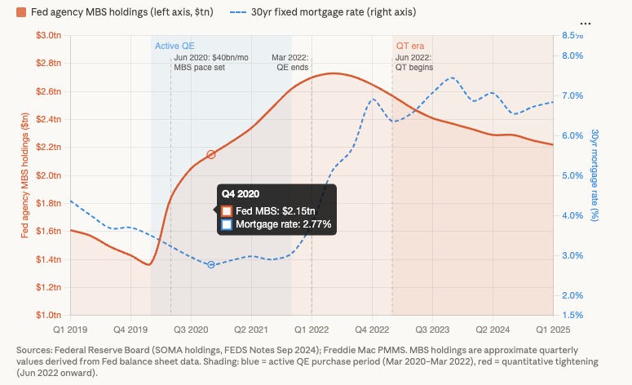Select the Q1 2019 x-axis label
(x=70, y=330)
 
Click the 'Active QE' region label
(x=174, y=46)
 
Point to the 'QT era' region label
(x=410, y=46)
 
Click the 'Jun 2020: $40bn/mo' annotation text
(x=211, y=57)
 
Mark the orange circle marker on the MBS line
(x=211, y=154)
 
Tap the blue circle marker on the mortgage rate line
(x=211, y=265)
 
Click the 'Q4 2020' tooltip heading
(x=241, y=194)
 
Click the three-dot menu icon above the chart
(x=606, y=22)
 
